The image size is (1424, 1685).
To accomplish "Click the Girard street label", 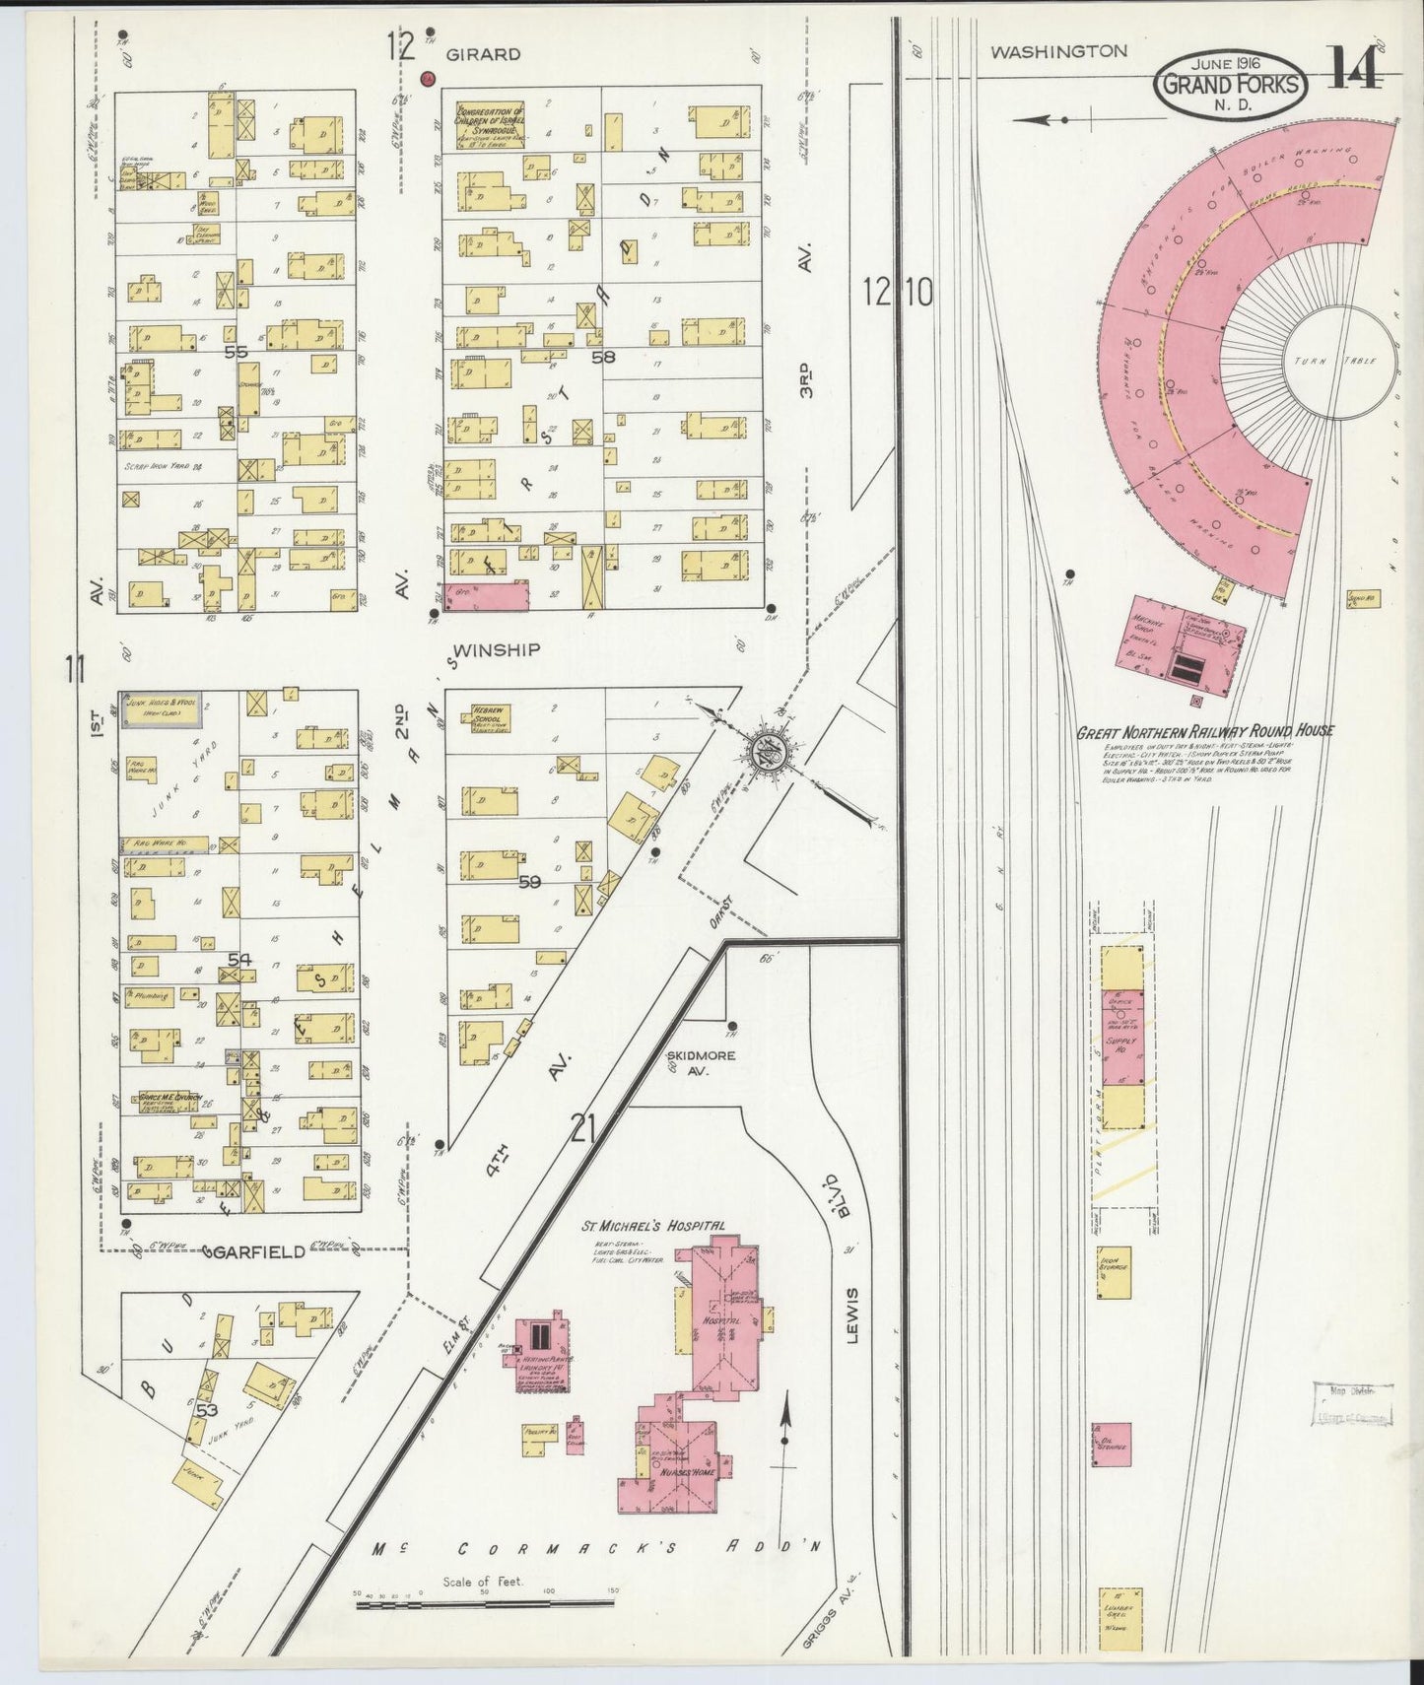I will (483, 55).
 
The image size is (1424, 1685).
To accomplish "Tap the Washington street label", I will (1058, 51).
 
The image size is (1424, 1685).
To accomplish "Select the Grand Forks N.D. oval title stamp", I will (1231, 85).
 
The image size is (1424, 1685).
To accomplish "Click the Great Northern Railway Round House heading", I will (1204, 731).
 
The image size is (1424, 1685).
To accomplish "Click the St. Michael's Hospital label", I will (653, 1226).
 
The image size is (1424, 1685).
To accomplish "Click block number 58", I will (602, 357).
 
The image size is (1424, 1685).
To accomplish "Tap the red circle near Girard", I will (428, 78).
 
